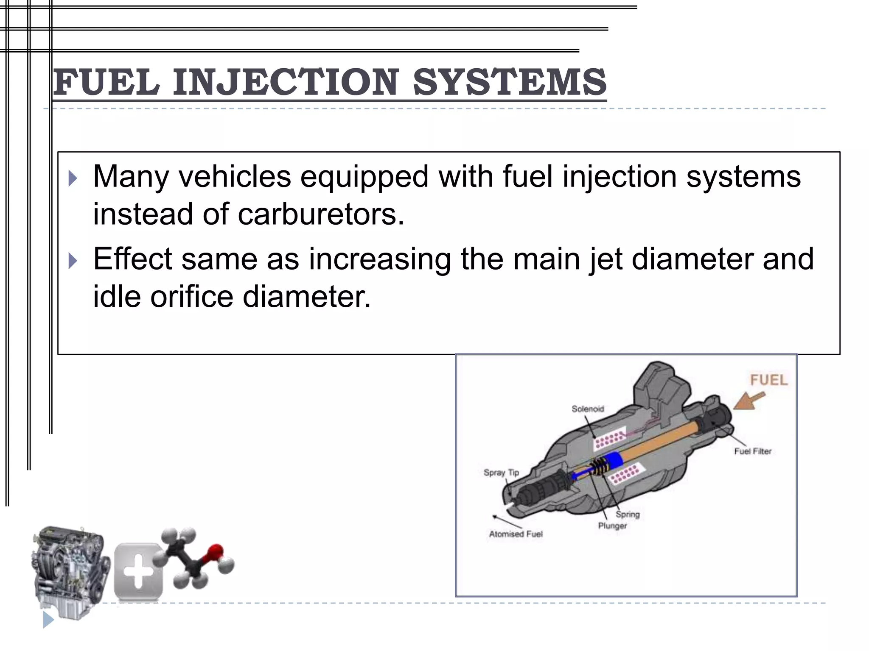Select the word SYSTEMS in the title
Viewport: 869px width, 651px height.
509,82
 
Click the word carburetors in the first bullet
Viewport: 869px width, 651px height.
320,214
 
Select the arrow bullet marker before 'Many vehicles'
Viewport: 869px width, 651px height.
73,178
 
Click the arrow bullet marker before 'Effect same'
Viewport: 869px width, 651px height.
73,261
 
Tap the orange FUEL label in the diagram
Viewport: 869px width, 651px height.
768,380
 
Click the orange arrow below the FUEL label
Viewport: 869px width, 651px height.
749,401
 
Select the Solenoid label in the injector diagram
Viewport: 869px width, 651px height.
588,409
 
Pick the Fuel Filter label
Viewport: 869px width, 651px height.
753,451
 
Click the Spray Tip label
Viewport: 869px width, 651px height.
501,473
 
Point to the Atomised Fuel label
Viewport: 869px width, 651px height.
516,534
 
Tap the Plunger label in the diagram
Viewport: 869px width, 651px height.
612,526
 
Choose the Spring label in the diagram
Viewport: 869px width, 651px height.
628,515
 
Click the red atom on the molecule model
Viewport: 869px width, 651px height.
215,552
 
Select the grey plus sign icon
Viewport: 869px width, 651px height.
138,572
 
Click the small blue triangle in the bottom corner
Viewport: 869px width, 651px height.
48,620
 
